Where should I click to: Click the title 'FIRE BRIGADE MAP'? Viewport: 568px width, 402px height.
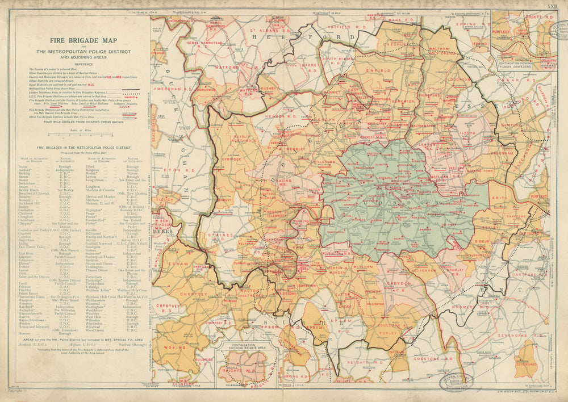(83, 40)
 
